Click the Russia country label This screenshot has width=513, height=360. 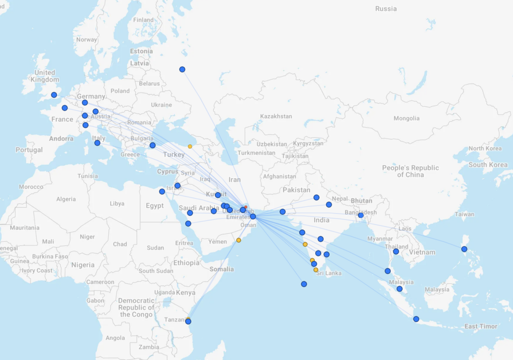[x=386, y=9]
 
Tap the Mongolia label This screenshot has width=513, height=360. [x=406, y=118]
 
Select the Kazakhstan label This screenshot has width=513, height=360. [x=276, y=116]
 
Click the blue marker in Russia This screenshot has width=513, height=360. [x=182, y=69]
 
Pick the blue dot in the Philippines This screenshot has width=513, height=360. [x=464, y=249]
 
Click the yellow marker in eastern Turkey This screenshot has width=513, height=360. [x=190, y=146]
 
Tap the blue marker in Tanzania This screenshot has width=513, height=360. [x=188, y=321]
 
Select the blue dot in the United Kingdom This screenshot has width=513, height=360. [x=54, y=95]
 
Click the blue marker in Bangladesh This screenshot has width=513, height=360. [x=361, y=215]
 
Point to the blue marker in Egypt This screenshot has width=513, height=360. [x=162, y=191]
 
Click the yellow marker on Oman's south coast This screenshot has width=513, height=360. [x=238, y=240]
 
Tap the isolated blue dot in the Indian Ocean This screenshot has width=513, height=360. [x=304, y=284]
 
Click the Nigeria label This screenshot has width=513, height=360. [x=83, y=265]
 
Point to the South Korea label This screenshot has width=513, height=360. [x=488, y=165]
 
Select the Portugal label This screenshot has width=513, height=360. [x=29, y=150]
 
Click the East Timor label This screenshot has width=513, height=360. [x=481, y=326]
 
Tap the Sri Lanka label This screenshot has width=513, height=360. [x=329, y=273]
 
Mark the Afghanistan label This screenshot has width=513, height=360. [x=280, y=176]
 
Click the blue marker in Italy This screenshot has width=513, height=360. [x=97, y=143]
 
